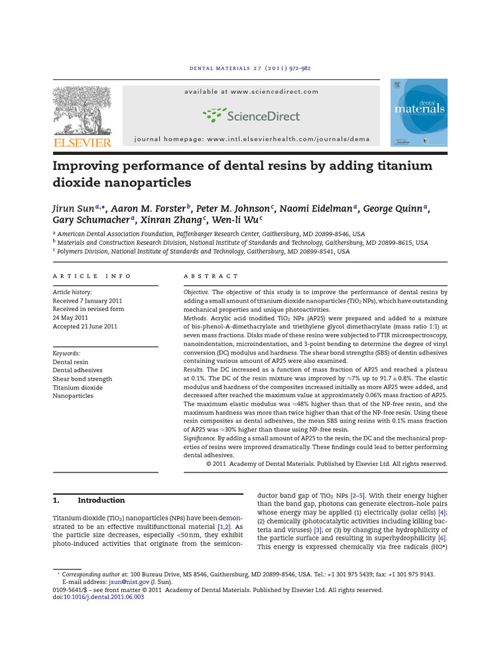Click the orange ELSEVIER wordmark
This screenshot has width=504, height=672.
pos(82,142)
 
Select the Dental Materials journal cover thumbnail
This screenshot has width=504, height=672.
pos(419,112)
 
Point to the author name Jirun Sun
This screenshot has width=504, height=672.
pos(74,209)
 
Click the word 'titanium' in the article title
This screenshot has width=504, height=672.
pos(393,166)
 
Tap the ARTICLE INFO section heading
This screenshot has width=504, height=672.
pos(92,276)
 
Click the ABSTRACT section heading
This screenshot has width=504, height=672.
pos(211,276)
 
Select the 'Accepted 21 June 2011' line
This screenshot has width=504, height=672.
pos(85,326)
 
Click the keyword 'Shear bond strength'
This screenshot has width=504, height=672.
pos(82,379)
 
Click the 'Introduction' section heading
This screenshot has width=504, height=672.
pos(100,500)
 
